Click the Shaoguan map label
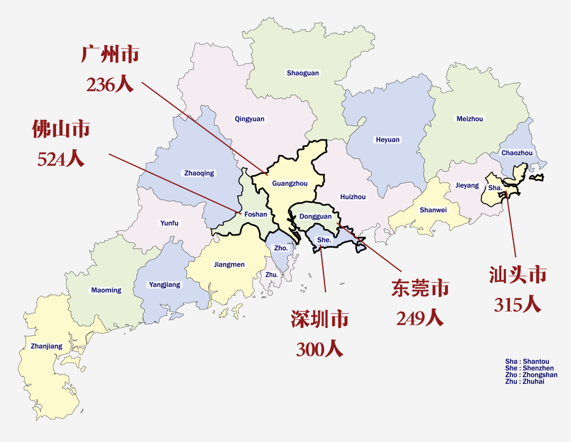pos(303,73)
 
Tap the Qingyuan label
pos(250,119)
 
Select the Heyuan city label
pos(388,140)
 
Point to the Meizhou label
pos(469,119)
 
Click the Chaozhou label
pos(517,153)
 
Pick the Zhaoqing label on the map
pos(199,173)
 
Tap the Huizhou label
pos(353,197)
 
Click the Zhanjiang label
pos(47,346)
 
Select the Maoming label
pos(106,290)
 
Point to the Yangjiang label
pos(164,285)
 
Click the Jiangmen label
pos(229,265)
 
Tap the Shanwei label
pos(433,210)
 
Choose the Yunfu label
pos(169,223)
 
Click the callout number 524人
pos(61,159)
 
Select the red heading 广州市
pos(110,54)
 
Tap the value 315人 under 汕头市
pos(518,304)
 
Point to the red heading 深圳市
pos(319,319)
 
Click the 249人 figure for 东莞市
pos(420,318)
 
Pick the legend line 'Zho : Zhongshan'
pos(531,375)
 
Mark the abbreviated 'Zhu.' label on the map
pos(271,275)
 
